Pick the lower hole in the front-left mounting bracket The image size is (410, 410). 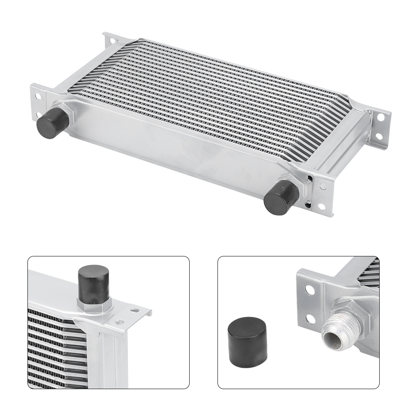[x=40, y=115]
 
